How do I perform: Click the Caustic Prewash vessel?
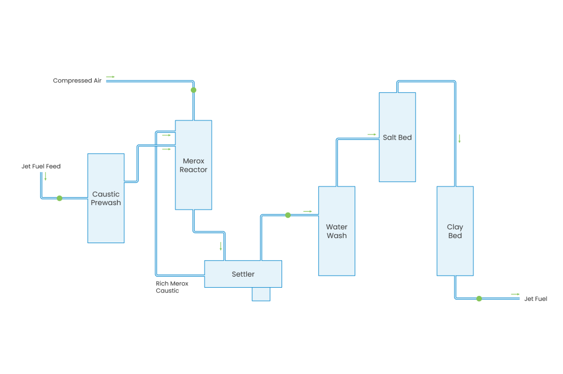(106, 198)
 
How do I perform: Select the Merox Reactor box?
(194, 165)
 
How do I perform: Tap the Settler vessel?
(243, 274)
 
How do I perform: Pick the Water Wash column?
(336, 231)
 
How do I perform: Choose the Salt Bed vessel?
(397, 137)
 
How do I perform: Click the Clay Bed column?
(455, 231)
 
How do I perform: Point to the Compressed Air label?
(77, 81)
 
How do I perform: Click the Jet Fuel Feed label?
(41, 166)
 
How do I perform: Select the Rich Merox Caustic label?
(172, 287)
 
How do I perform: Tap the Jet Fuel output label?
(536, 299)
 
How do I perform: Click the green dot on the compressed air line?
(193, 90)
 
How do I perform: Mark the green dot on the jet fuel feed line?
(59, 198)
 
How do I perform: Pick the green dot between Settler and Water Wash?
(288, 215)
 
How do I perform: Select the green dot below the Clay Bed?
(479, 299)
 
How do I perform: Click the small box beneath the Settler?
(261, 294)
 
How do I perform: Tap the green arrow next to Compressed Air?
(111, 77)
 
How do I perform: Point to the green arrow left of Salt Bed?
(372, 134)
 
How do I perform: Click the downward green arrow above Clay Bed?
(459, 139)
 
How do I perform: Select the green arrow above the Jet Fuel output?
(515, 294)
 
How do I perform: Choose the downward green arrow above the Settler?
(221, 246)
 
